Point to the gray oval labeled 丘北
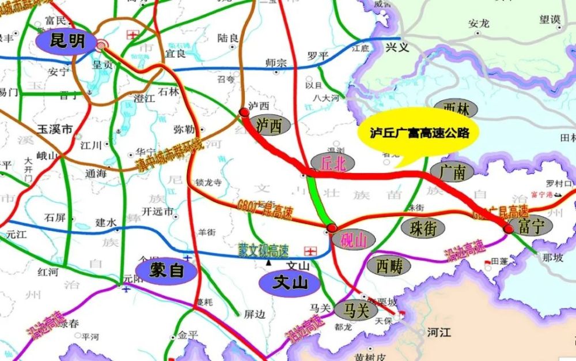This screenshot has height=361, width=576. tap(333, 164)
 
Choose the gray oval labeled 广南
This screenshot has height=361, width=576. tap(452, 171)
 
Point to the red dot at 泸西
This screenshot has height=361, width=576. tap(244, 112)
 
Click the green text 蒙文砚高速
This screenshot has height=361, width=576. tap(264, 249)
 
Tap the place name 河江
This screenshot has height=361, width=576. tap(438, 332)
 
